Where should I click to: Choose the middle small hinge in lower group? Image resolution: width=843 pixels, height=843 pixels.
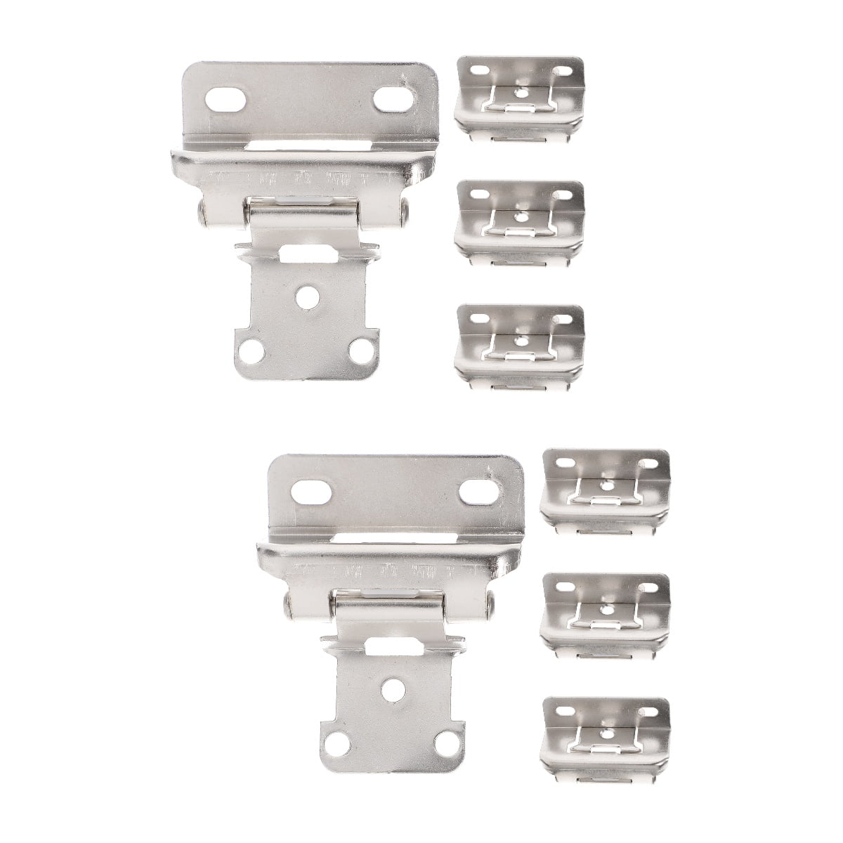(605, 614)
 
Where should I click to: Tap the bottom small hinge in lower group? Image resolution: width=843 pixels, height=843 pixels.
(605, 738)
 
